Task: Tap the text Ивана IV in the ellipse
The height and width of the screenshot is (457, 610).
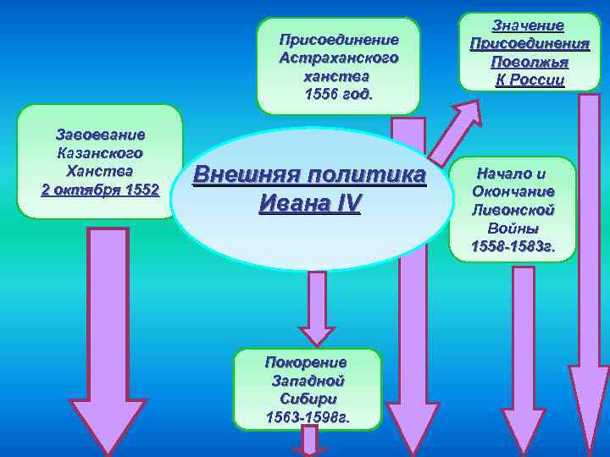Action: tap(309, 205)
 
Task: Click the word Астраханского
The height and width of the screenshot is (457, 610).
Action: tap(338, 57)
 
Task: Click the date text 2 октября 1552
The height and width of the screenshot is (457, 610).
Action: tap(99, 189)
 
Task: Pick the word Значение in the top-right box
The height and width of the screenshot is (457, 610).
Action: tap(529, 25)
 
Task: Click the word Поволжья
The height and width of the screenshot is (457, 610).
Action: tap(529, 62)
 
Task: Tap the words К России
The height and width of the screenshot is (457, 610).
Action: tap(529, 80)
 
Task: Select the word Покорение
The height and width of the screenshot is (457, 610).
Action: tap(306, 362)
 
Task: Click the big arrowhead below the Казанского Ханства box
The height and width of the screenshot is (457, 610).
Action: tap(108, 423)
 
